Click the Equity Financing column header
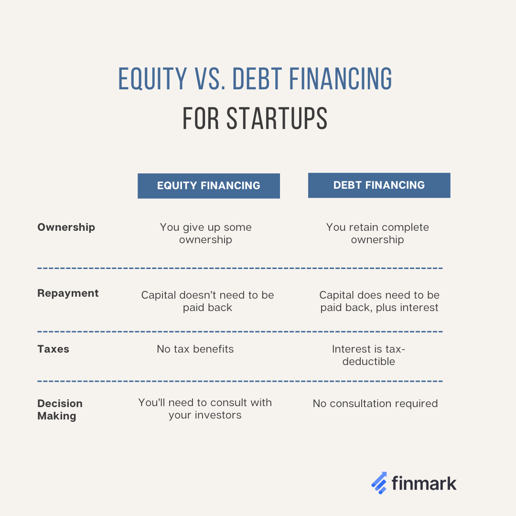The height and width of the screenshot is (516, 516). (208, 186)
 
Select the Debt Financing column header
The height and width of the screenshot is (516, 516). (379, 185)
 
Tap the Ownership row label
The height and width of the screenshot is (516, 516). (66, 227)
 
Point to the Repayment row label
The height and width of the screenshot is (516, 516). (68, 293)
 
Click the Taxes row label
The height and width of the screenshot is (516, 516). (53, 349)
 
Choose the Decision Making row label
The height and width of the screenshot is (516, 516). (60, 409)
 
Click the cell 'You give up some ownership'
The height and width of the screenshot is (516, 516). (205, 233)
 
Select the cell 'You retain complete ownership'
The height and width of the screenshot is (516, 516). (377, 233)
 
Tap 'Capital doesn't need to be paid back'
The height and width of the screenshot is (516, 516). (207, 301)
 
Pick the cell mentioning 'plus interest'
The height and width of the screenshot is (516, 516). (379, 301)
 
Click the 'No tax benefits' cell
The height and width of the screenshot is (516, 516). (195, 349)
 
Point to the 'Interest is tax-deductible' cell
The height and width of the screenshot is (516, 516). (368, 355)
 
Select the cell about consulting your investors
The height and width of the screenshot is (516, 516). (205, 408)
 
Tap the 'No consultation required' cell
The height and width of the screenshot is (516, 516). (375, 404)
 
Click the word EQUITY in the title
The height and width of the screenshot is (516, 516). (152, 79)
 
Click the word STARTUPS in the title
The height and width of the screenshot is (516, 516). (277, 118)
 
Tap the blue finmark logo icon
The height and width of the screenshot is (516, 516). (379, 483)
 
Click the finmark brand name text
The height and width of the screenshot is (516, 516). (424, 483)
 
